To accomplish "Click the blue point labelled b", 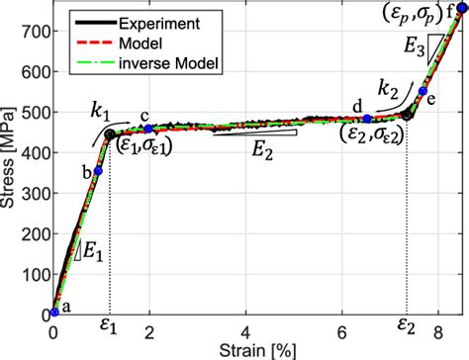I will click(98, 171).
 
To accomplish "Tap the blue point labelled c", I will click(148, 129).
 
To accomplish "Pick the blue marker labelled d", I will click(367, 119).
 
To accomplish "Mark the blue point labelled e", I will click(422, 91).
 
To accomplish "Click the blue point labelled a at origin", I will click(54, 312).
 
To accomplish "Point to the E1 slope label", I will click(92, 253).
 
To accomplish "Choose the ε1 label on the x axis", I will click(110, 324).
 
